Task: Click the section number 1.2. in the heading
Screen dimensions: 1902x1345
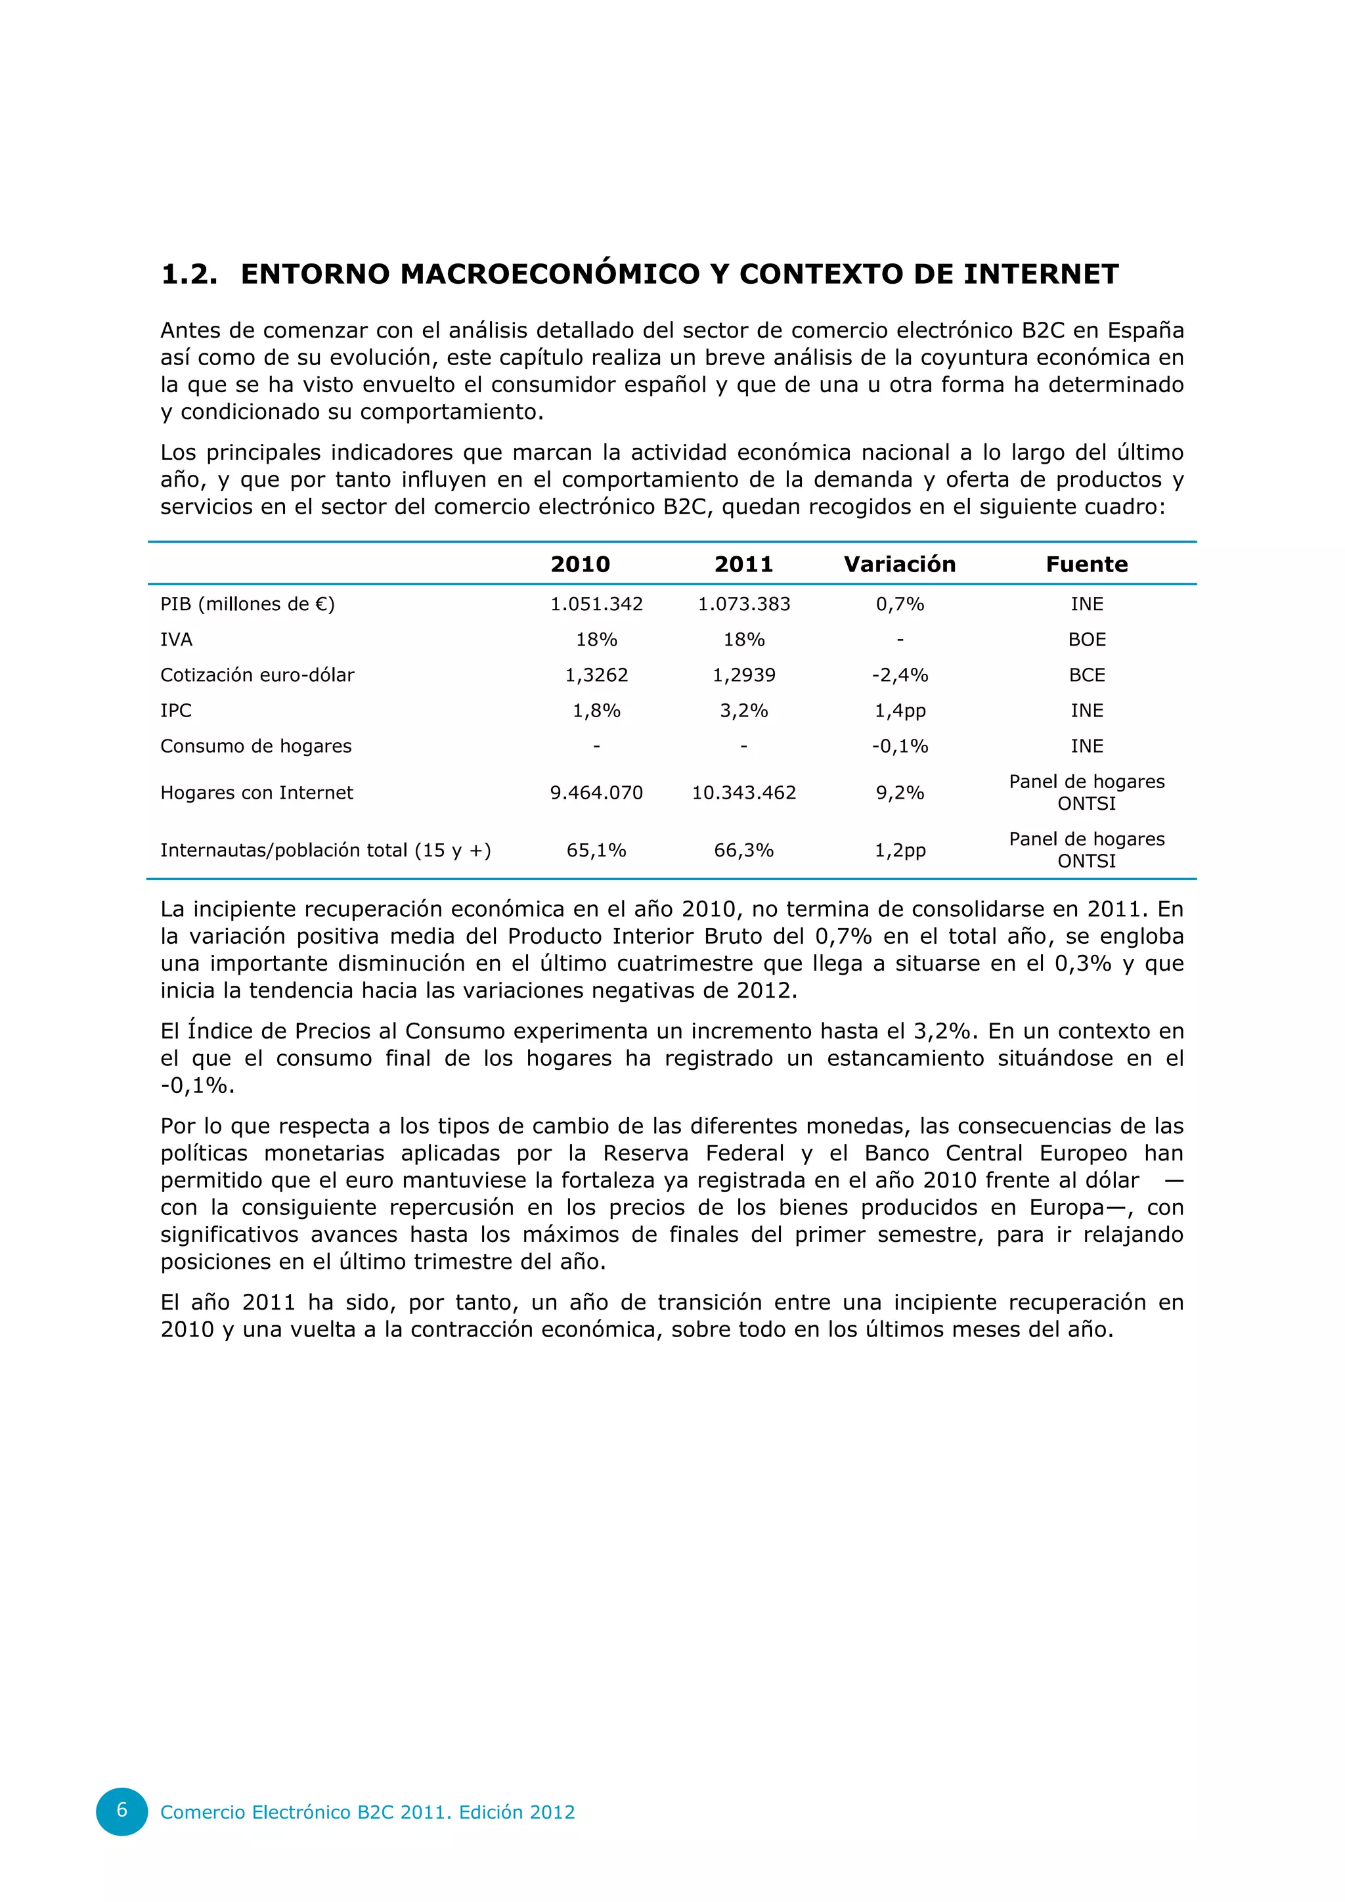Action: point(189,274)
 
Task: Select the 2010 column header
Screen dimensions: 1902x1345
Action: point(580,564)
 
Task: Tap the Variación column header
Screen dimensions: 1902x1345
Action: point(900,564)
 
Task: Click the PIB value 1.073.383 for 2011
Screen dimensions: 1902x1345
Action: point(743,604)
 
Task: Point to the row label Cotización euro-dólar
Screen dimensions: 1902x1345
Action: point(257,675)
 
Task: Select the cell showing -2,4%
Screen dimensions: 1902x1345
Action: point(900,675)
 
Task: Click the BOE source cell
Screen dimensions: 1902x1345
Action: point(1087,640)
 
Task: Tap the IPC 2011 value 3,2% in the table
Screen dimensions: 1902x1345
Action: point(743,711)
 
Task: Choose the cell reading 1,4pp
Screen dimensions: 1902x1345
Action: point(900,711)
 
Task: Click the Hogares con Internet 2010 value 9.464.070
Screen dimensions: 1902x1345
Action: point(596,793)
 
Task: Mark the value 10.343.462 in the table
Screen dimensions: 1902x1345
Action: point(743,793)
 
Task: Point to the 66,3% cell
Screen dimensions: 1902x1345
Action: point(743,850)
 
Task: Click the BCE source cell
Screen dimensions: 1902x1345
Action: point(1087,675)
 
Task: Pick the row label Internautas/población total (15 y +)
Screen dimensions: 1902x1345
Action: point(326,850)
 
